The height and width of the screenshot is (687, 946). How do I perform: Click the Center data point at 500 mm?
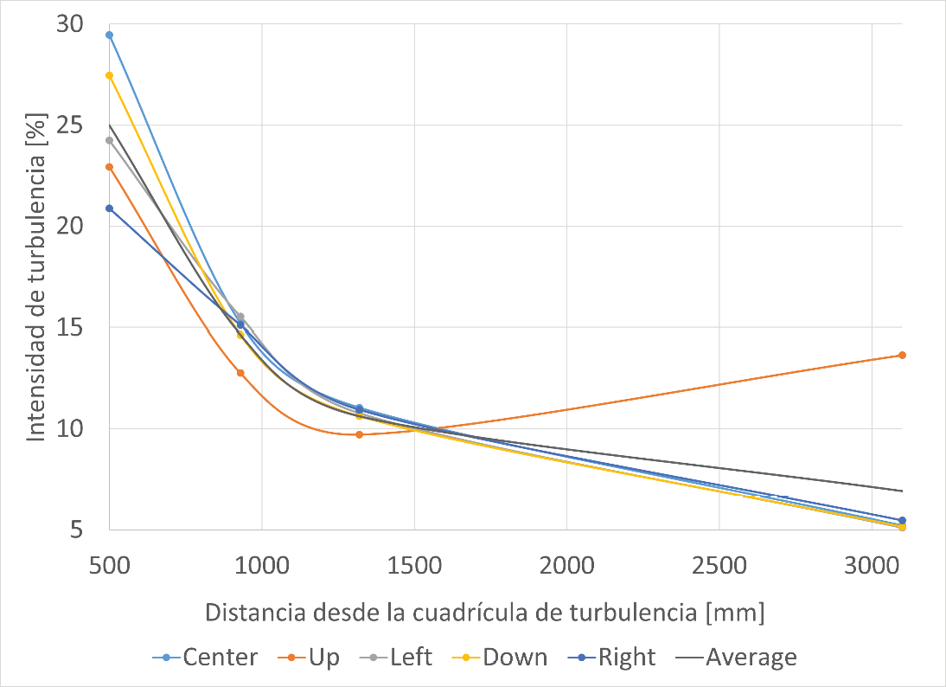point(110,35)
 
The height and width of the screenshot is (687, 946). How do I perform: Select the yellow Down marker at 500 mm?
point(110,75)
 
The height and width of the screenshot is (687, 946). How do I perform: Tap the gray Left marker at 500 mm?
point(110,140)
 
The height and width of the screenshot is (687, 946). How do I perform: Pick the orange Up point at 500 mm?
point(110,167)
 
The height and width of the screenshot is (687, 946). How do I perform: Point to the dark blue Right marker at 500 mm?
point(110,209)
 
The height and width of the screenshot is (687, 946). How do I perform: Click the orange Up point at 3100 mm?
point(902,355)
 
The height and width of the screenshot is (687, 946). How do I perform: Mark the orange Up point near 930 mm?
point(240,373)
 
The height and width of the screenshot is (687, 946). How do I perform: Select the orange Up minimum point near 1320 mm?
point(359,434)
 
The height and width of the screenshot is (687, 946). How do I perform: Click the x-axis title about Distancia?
point(485,613)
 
